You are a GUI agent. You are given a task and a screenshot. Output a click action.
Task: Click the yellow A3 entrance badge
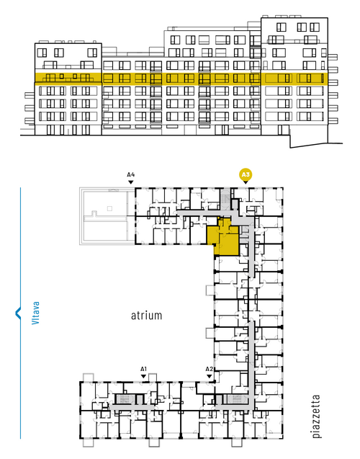[246, 174]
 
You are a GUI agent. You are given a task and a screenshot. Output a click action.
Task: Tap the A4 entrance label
[131, 175]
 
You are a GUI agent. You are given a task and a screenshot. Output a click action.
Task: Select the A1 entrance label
[143, 369]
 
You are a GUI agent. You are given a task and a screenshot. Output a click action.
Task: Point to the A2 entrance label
[209, 369]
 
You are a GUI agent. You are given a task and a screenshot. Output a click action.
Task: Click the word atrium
[146, 316]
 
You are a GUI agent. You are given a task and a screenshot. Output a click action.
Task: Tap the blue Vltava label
[36, 313]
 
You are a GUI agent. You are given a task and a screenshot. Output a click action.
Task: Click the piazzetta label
[316, 416]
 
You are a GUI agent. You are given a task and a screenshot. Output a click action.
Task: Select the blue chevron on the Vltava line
[18, 313]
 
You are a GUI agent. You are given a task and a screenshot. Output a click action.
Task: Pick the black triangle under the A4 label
[131, 182]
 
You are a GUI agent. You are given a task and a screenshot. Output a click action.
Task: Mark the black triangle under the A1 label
[143, 376]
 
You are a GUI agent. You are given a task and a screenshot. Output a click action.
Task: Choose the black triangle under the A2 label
[209, 376]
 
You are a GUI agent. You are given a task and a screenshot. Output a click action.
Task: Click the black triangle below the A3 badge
[246, 183]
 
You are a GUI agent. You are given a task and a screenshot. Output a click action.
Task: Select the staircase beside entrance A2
[235, 399]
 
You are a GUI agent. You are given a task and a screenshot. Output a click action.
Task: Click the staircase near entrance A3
[225, 199]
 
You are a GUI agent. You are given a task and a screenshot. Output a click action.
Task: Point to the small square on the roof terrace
[109, 208]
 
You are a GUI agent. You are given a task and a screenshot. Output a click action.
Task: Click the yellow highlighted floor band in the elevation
[181, 79]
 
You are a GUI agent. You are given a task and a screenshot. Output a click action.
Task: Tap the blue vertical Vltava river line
[20, 313]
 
